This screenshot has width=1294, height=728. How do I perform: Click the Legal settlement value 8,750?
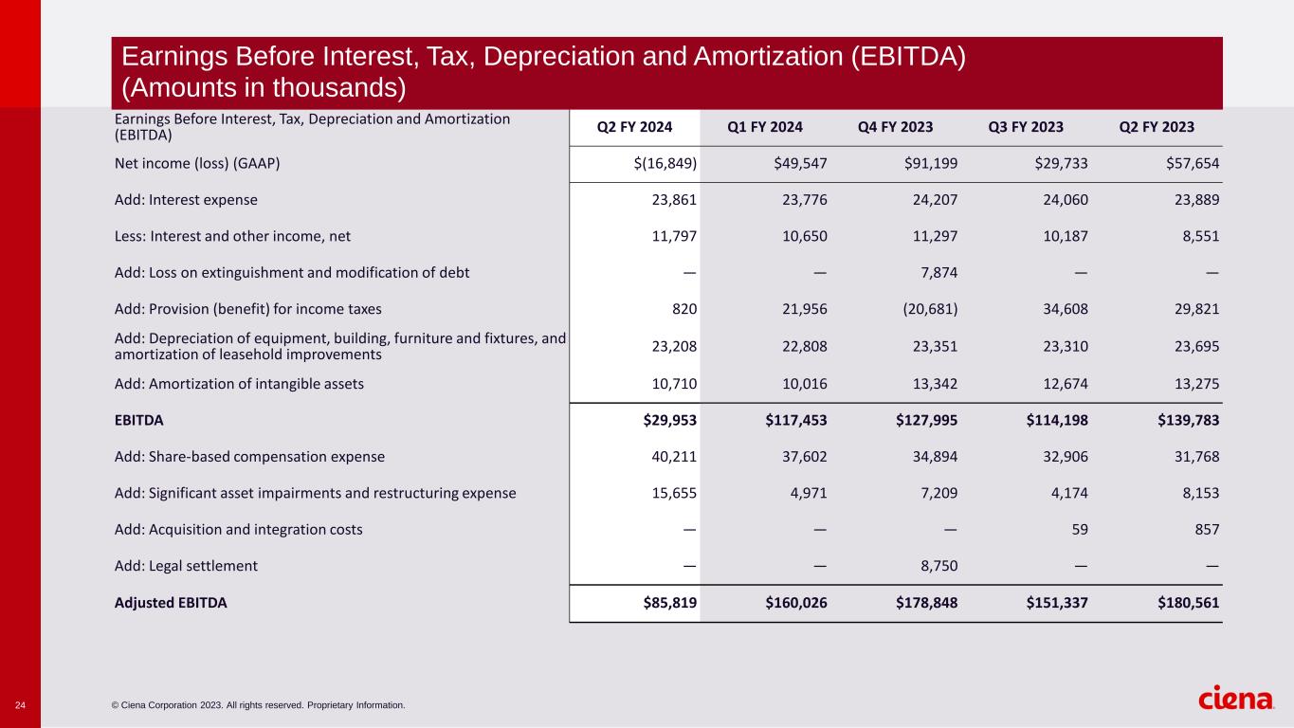coord(935,566)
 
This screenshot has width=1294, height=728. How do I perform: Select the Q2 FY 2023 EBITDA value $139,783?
coord(1180,420)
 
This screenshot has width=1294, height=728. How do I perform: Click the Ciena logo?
coord(1235,700)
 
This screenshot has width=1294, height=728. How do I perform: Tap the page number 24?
coord(20,705)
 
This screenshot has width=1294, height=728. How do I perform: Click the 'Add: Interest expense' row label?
coord(186,200)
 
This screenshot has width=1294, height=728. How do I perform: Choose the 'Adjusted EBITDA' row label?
coord(171,603)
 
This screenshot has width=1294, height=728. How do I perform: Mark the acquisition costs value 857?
coord(1205,530)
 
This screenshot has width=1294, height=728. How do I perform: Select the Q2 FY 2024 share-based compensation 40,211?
coord(674,457)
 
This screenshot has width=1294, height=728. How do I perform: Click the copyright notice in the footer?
coord(258,705)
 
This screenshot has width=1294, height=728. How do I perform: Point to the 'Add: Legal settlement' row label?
coord(186,566)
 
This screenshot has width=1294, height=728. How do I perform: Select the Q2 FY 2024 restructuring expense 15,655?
coord(674,493)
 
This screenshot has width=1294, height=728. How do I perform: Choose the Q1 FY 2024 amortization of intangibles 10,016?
coord(804,384)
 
